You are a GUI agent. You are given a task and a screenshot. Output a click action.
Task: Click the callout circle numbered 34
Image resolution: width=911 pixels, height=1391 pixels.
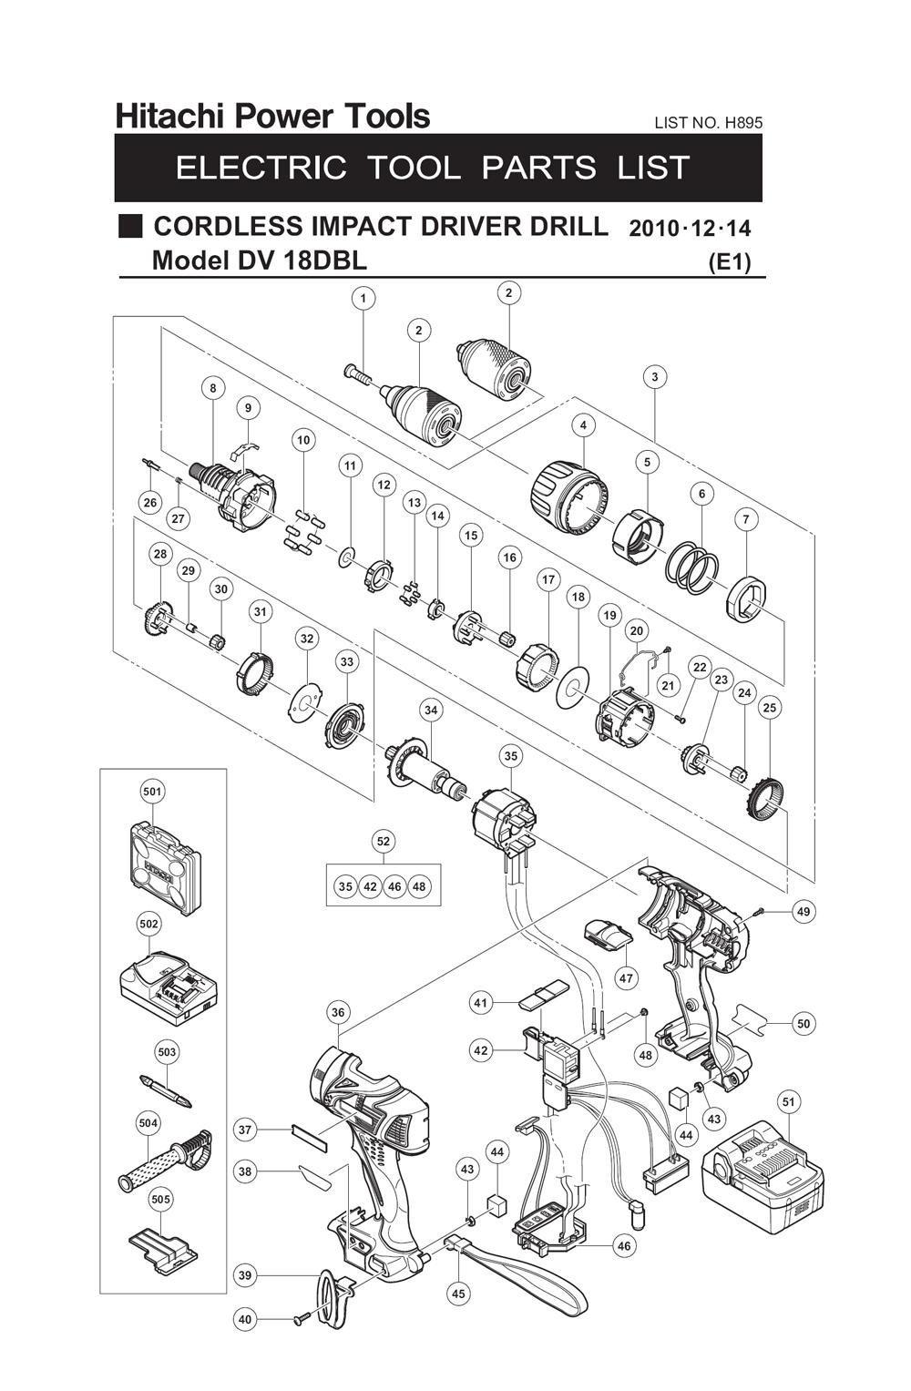pyautogui.click(x=430, y=711)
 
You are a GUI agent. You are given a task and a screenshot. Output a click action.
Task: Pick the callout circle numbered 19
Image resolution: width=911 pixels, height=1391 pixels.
pyautogui.click(x=609, y=616)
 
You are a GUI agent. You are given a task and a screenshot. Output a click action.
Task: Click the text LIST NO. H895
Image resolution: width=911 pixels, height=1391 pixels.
pyautogui.click(x=708, y=122)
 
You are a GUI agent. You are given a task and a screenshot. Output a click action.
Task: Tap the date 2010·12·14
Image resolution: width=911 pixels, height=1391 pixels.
pyautogui.click(x=690, y=228)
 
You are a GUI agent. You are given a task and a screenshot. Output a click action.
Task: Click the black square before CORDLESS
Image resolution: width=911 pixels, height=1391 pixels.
pyautogui.click(x=131, y=226)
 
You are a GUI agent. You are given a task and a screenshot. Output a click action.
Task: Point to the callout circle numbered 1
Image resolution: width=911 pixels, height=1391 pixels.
pyautogui.click(x=363, y=298)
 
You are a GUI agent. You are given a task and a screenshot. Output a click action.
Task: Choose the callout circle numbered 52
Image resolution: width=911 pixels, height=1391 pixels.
pyautogui.click(x=384, y=842)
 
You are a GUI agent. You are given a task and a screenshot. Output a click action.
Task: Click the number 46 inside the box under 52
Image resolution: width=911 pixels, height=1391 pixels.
pyautogui.click(x=394, y=886)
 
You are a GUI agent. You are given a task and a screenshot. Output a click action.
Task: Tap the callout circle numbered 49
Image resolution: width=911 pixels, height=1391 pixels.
pyautogui.click(x=803, y=911)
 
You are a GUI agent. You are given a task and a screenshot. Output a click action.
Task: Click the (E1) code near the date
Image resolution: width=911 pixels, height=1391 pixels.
pyautogui.click(x=729, y=262)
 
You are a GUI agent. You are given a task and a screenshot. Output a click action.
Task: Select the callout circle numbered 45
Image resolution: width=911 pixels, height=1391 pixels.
pyautogui.click(x=458, y=1294)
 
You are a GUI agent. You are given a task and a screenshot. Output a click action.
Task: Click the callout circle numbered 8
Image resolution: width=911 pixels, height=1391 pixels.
pyautogui.click(x=213, y=388)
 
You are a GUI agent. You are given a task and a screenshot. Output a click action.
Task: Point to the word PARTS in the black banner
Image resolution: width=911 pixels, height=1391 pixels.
pyautogui.click(x=538, y=168)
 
